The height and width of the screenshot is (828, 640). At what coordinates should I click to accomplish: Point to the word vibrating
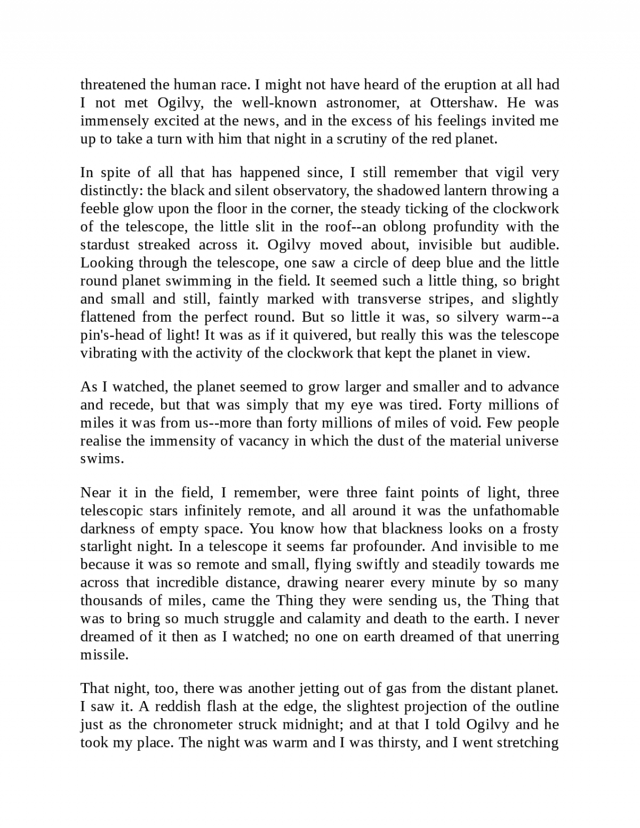[109, 353]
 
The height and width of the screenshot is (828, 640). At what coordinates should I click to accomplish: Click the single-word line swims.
[101, 459]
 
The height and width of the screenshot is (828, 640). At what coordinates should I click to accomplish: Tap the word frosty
[538, 529]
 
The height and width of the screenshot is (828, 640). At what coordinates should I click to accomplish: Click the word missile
[104, 655]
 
